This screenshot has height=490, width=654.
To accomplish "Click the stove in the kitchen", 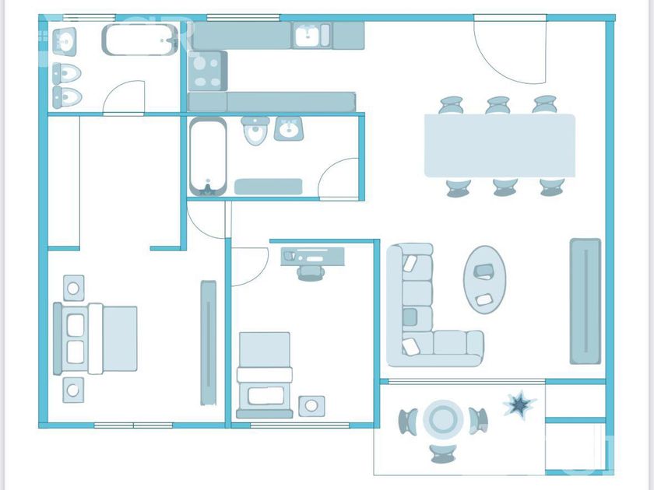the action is click(207, 71).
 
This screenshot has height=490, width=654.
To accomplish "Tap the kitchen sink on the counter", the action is click(311, 35).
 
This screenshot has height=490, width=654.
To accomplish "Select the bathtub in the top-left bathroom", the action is click(141, 40).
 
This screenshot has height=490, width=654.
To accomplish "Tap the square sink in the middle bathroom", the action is click(289, 129).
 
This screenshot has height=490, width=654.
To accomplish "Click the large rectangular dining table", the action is click(499, 145).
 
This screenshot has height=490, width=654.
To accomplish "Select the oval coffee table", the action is click(485, 280).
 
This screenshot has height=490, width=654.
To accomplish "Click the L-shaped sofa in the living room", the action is click(420, 319).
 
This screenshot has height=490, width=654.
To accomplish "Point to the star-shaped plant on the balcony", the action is click(519, 404).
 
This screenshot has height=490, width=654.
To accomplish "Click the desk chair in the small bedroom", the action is click(311, 271).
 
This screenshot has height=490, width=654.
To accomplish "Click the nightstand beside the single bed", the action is click(312, 405).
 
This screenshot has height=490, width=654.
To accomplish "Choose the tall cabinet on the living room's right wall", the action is click(585, 301).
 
